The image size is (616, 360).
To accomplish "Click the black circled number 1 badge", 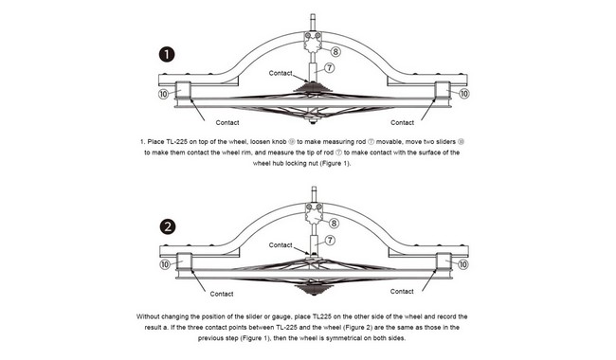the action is pos(167,54).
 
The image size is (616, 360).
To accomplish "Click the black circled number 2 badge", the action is pos(168,226).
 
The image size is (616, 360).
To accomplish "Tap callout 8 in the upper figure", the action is pos(335,51).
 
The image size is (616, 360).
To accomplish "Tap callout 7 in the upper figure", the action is pos(329,68).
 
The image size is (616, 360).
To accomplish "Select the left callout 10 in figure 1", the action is pos(164,94).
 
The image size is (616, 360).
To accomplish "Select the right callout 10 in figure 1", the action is pos(464,94).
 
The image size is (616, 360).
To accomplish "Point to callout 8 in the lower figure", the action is pos(334,224).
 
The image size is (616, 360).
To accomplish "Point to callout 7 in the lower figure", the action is pos(330,240).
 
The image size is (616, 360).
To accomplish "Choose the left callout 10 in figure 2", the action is pos(165,264).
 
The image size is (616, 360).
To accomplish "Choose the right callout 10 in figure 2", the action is pos(463,264).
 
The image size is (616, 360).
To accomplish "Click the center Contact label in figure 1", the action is pos(281,73).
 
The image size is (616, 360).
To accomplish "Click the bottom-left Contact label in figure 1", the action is pos(227,122).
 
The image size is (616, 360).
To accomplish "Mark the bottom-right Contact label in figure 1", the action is pos(402,122).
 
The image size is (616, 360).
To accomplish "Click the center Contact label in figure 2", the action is pos(281,245).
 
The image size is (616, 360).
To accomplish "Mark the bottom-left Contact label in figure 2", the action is pos(222,294).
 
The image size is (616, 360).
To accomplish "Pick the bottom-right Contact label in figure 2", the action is pos(402,291).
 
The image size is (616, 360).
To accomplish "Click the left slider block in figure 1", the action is pos(183,90).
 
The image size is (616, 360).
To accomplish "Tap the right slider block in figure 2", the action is pos(444,261).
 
